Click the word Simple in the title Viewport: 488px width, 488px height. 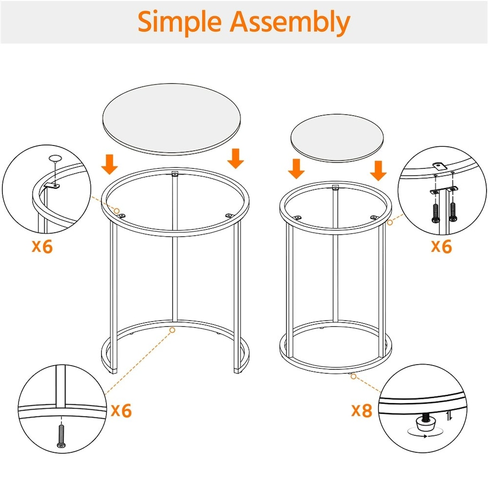[179, 22]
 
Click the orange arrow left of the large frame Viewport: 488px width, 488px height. [110, 164]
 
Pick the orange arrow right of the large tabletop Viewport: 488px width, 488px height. [235, 158]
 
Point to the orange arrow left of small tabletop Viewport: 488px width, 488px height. [296, 169]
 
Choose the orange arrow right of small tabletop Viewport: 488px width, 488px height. [378, 170]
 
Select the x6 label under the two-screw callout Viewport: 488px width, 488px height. [441, 246]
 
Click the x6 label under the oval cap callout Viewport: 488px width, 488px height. [42, 246]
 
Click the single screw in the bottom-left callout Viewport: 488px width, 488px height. [62, 436]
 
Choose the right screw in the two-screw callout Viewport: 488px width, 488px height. [452, 212]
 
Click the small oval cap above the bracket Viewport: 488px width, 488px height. [55, 158]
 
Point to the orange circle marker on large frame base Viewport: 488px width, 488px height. [172, 330]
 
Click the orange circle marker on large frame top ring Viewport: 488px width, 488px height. [117, 210]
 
